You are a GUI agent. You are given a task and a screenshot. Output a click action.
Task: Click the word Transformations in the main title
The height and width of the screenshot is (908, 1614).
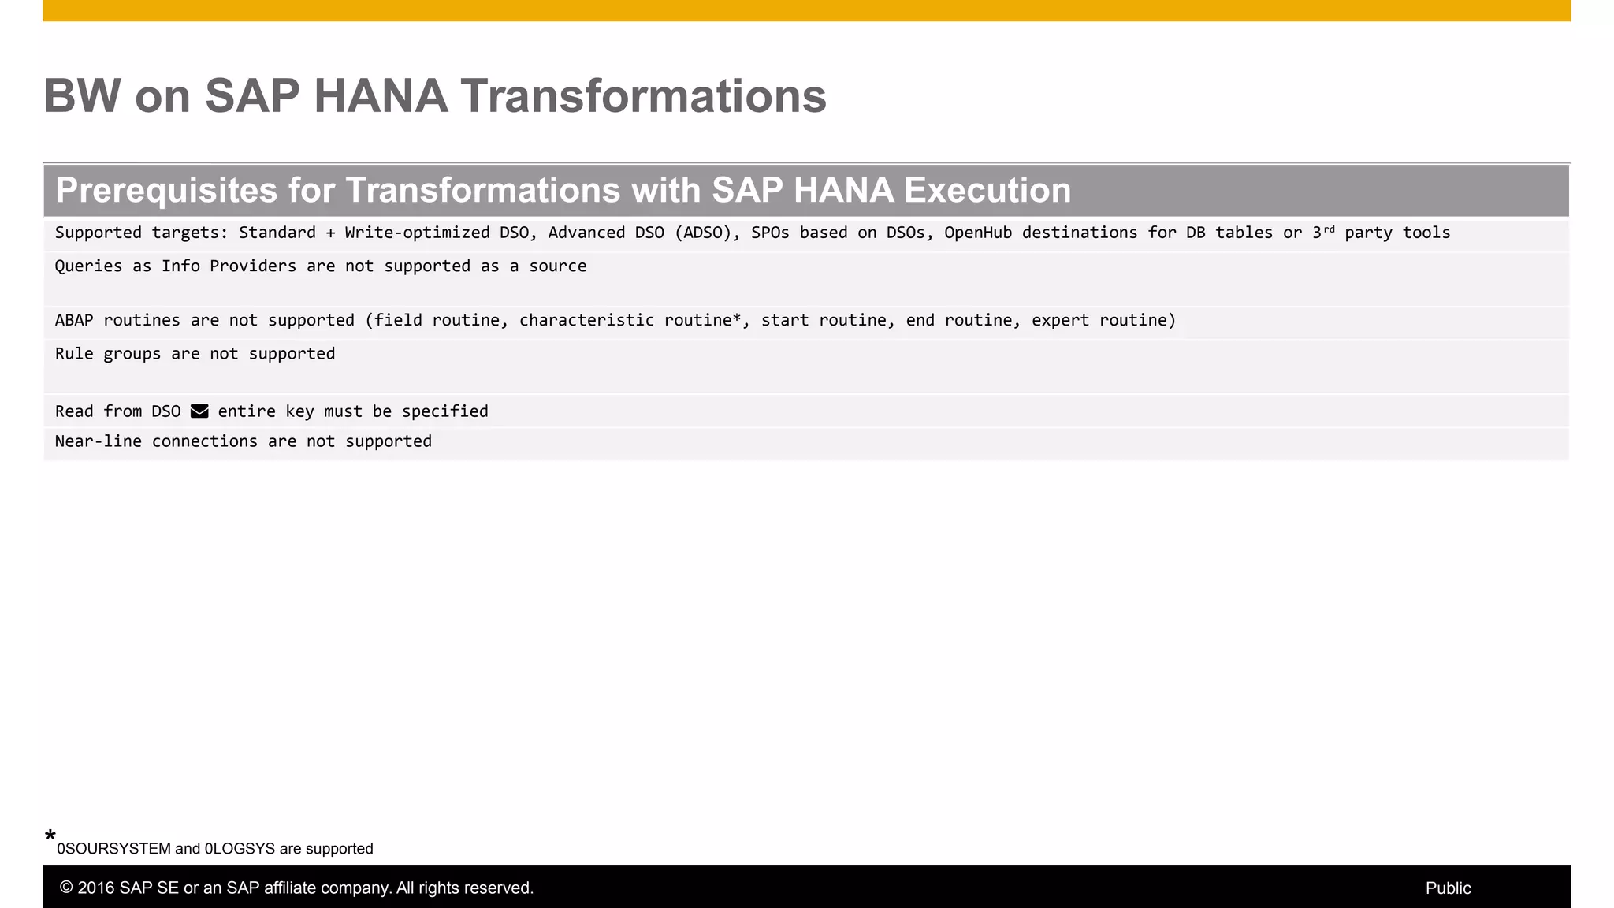[643, 96]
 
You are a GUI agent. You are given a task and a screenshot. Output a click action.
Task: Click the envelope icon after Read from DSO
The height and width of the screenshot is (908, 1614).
[199, 411]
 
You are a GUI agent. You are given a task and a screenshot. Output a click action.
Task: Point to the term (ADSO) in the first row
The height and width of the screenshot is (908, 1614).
[707, 233]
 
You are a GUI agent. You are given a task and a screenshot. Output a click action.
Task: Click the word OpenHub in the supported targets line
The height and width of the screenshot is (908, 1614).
[977, 233]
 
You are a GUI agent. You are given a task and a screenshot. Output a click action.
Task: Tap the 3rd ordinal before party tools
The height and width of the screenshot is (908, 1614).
[1323, 232]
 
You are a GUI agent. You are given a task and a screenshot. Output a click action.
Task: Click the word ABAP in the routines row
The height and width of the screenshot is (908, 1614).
[74, 320]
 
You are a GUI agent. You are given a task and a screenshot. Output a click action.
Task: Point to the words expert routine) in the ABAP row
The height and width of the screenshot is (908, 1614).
[1103, 320]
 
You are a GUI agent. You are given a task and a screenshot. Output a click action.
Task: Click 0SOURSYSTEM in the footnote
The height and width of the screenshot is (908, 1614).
[113, 849]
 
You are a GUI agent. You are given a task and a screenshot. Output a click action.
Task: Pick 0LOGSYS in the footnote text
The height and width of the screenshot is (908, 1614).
[240, 849]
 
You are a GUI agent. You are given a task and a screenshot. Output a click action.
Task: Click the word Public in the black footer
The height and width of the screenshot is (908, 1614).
[1448, 888]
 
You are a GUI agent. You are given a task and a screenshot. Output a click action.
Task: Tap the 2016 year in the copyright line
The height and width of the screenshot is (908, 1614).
[96, 888]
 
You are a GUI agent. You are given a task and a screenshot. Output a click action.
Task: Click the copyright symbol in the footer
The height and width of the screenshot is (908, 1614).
[66, 888]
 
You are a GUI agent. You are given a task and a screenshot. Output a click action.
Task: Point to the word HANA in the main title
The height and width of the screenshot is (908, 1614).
[381, 96]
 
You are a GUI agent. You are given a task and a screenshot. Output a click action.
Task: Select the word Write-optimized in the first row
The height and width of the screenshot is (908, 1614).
[417, 233]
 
